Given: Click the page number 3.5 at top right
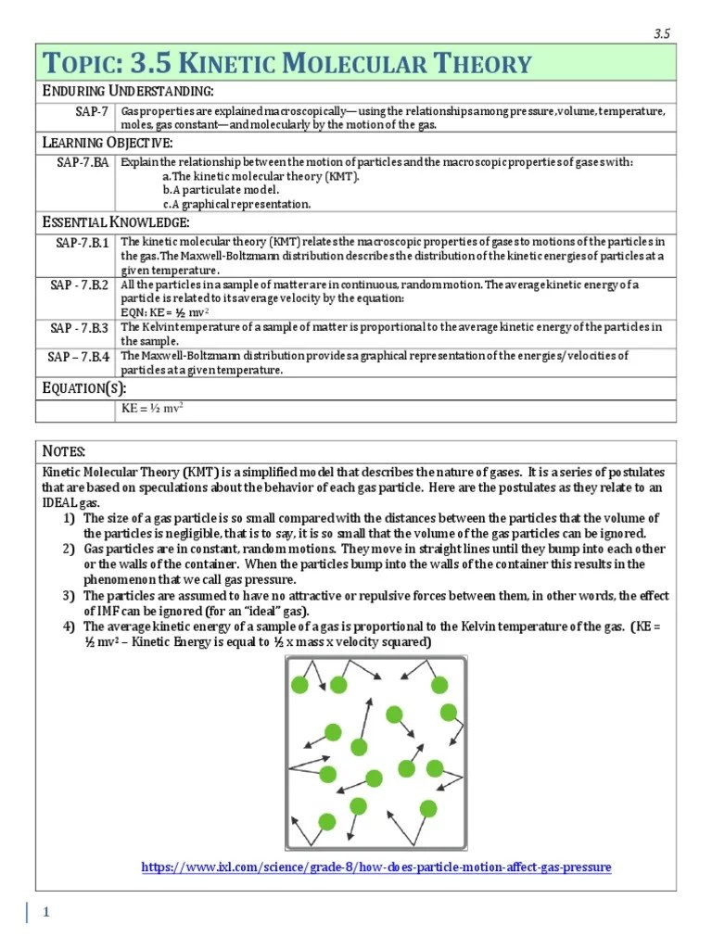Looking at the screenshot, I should [x=661, y=34].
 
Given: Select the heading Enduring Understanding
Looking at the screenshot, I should [x=129, y=91].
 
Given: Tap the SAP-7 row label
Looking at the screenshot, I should [x=92, y=111].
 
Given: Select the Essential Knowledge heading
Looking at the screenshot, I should [x=117, y=222].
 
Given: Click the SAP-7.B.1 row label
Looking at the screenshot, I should [x=82, y=243].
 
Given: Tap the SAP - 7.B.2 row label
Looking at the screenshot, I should [x=80, y=285].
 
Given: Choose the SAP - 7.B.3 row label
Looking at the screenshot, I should [x=80, y=327].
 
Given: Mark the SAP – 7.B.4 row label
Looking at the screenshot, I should [x=80, y=356].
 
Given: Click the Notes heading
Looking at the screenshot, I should [x=64, y=450].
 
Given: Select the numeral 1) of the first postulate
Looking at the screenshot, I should [x=70, y=518].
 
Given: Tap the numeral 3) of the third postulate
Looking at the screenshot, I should [x=70, y=595].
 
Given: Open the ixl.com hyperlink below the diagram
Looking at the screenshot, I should [x=375, y=867].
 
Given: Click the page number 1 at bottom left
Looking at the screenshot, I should [x=45, y=912].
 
